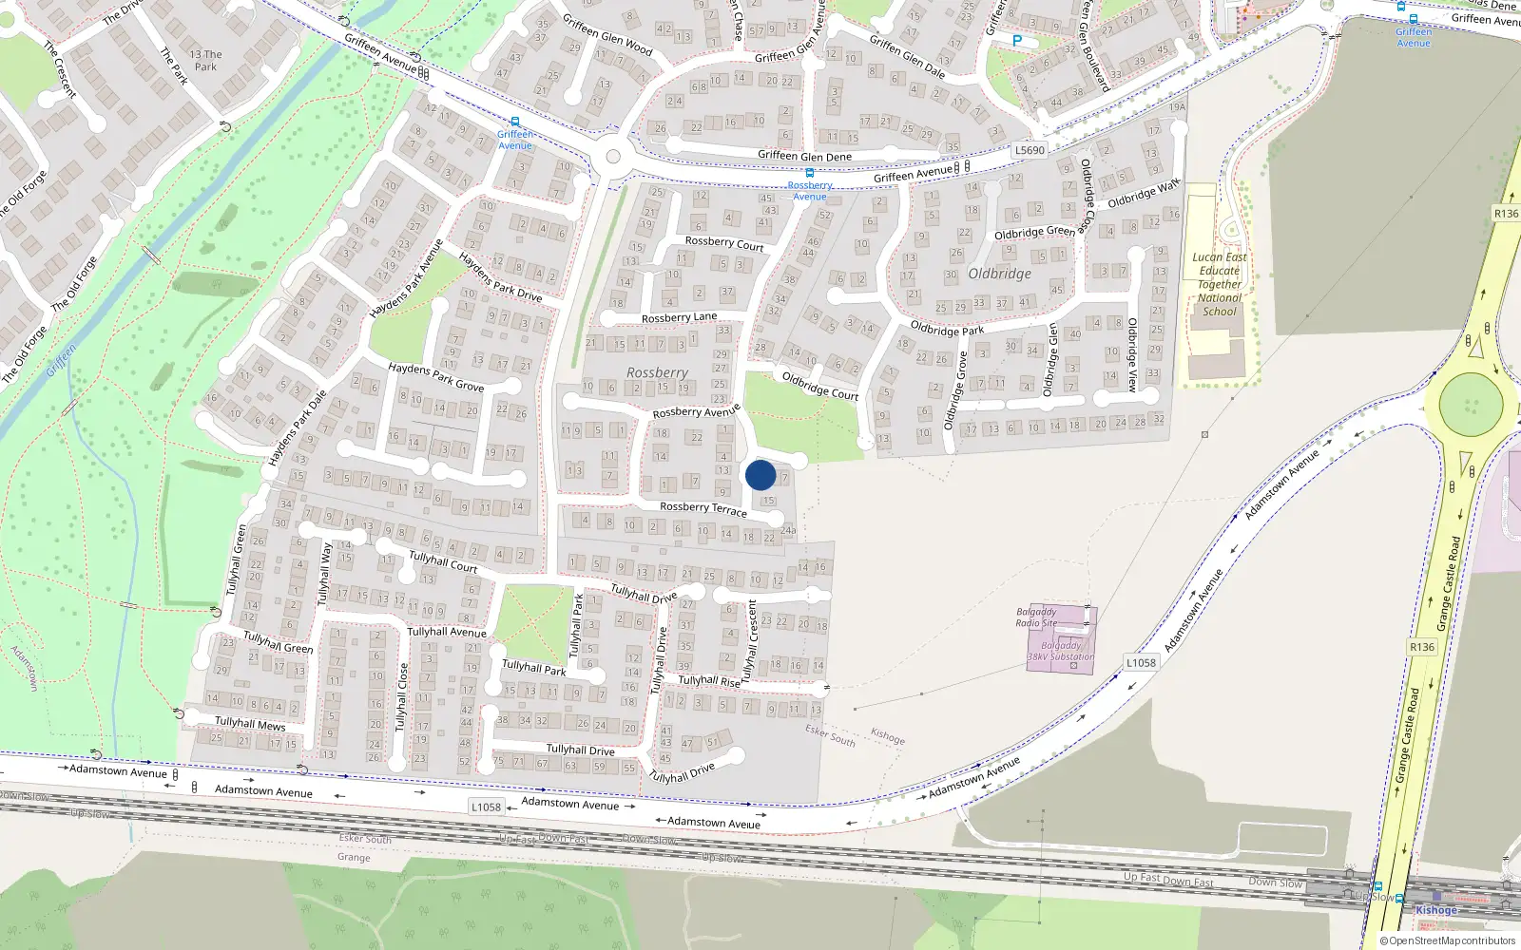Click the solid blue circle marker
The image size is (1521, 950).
[760, 475]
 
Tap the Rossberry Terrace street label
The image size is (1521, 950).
[703, 509]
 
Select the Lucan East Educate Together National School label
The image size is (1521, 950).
[1220, 284]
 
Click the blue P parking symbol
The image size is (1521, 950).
[1017, 41]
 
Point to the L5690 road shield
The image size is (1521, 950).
[1029, 150]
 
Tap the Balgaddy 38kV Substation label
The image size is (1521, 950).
[1061, 651]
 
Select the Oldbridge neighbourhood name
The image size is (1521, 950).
[999, 274]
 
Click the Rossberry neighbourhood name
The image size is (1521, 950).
[657, 372]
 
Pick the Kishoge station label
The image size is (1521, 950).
[1435, 910]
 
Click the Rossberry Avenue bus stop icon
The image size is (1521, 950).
[809, 173]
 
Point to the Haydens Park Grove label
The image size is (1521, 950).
[435, 377]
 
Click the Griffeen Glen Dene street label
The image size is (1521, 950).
[804, 156]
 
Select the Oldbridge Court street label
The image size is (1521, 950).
[819, 386]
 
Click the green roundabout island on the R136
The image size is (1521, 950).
[1471, 404]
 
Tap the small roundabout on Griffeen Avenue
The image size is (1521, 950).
[613, 157]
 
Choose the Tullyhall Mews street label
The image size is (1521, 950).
[249, 724]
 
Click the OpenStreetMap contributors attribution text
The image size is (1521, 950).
[1447, 941]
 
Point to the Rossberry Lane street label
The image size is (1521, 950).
[679, 317]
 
